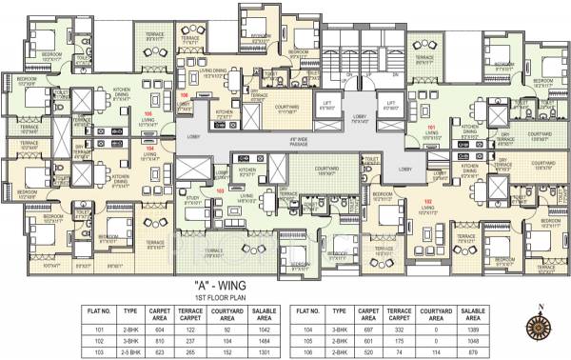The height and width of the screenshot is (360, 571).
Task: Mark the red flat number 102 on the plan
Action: (427, 201)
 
